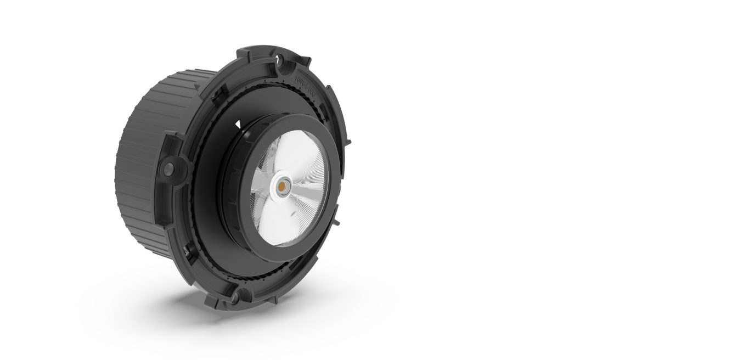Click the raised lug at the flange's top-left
coord(244,55)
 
